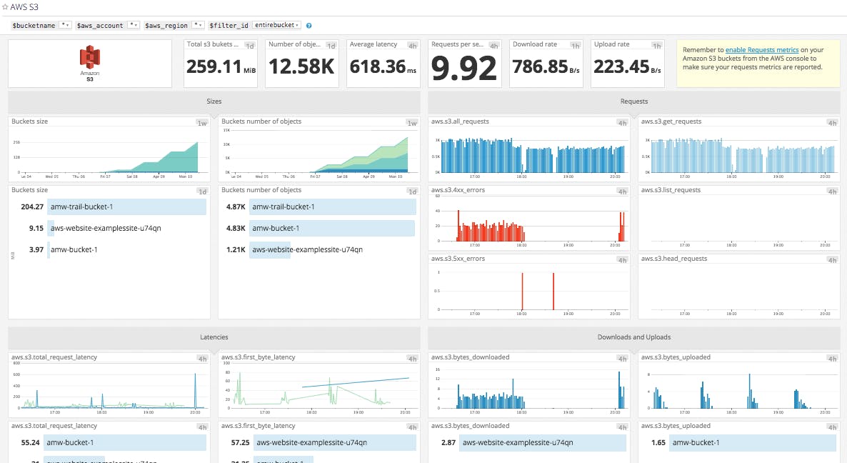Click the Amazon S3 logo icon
pos(89,57)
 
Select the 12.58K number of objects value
pos(301,67)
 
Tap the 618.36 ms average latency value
pos(378,67)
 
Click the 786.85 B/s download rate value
pos(544,67)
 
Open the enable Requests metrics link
pos(762,50)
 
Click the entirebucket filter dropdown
pos(277,25)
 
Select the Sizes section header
pos(214,101)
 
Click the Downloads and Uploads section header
pos(633,337)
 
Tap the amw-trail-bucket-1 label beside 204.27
pos(81,206)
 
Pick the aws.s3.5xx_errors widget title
pos(458,259)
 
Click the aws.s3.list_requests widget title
pos(671,190)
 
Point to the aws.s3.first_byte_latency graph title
pos(258,357)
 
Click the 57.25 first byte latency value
pos(234,443)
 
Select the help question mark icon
pos(309,26)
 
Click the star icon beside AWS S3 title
pos(5,6)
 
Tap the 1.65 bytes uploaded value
pos(658,443)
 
